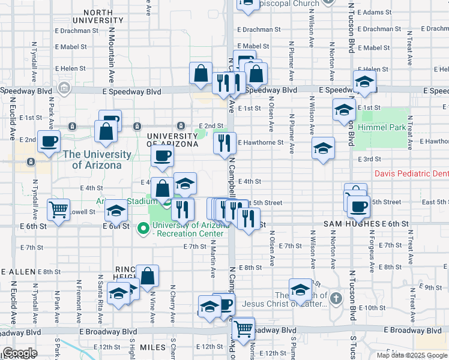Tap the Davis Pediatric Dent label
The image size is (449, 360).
[411, 173]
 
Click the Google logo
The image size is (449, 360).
[19, 353]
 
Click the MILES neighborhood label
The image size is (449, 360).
[152, 347]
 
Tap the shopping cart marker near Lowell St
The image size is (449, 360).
[58, 210]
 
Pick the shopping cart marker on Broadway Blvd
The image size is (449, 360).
[243, 328]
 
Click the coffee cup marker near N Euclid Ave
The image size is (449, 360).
[49, 142]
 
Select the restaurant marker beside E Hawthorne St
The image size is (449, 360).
[224, 143]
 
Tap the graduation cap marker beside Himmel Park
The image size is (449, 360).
[344, 110]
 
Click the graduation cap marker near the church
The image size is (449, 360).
[300, 289]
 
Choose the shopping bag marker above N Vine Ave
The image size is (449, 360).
[148, 276]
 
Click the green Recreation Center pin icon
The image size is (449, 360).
[143, 228]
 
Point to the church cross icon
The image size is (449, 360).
[336, 298]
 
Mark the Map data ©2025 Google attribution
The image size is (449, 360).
[411, 355]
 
